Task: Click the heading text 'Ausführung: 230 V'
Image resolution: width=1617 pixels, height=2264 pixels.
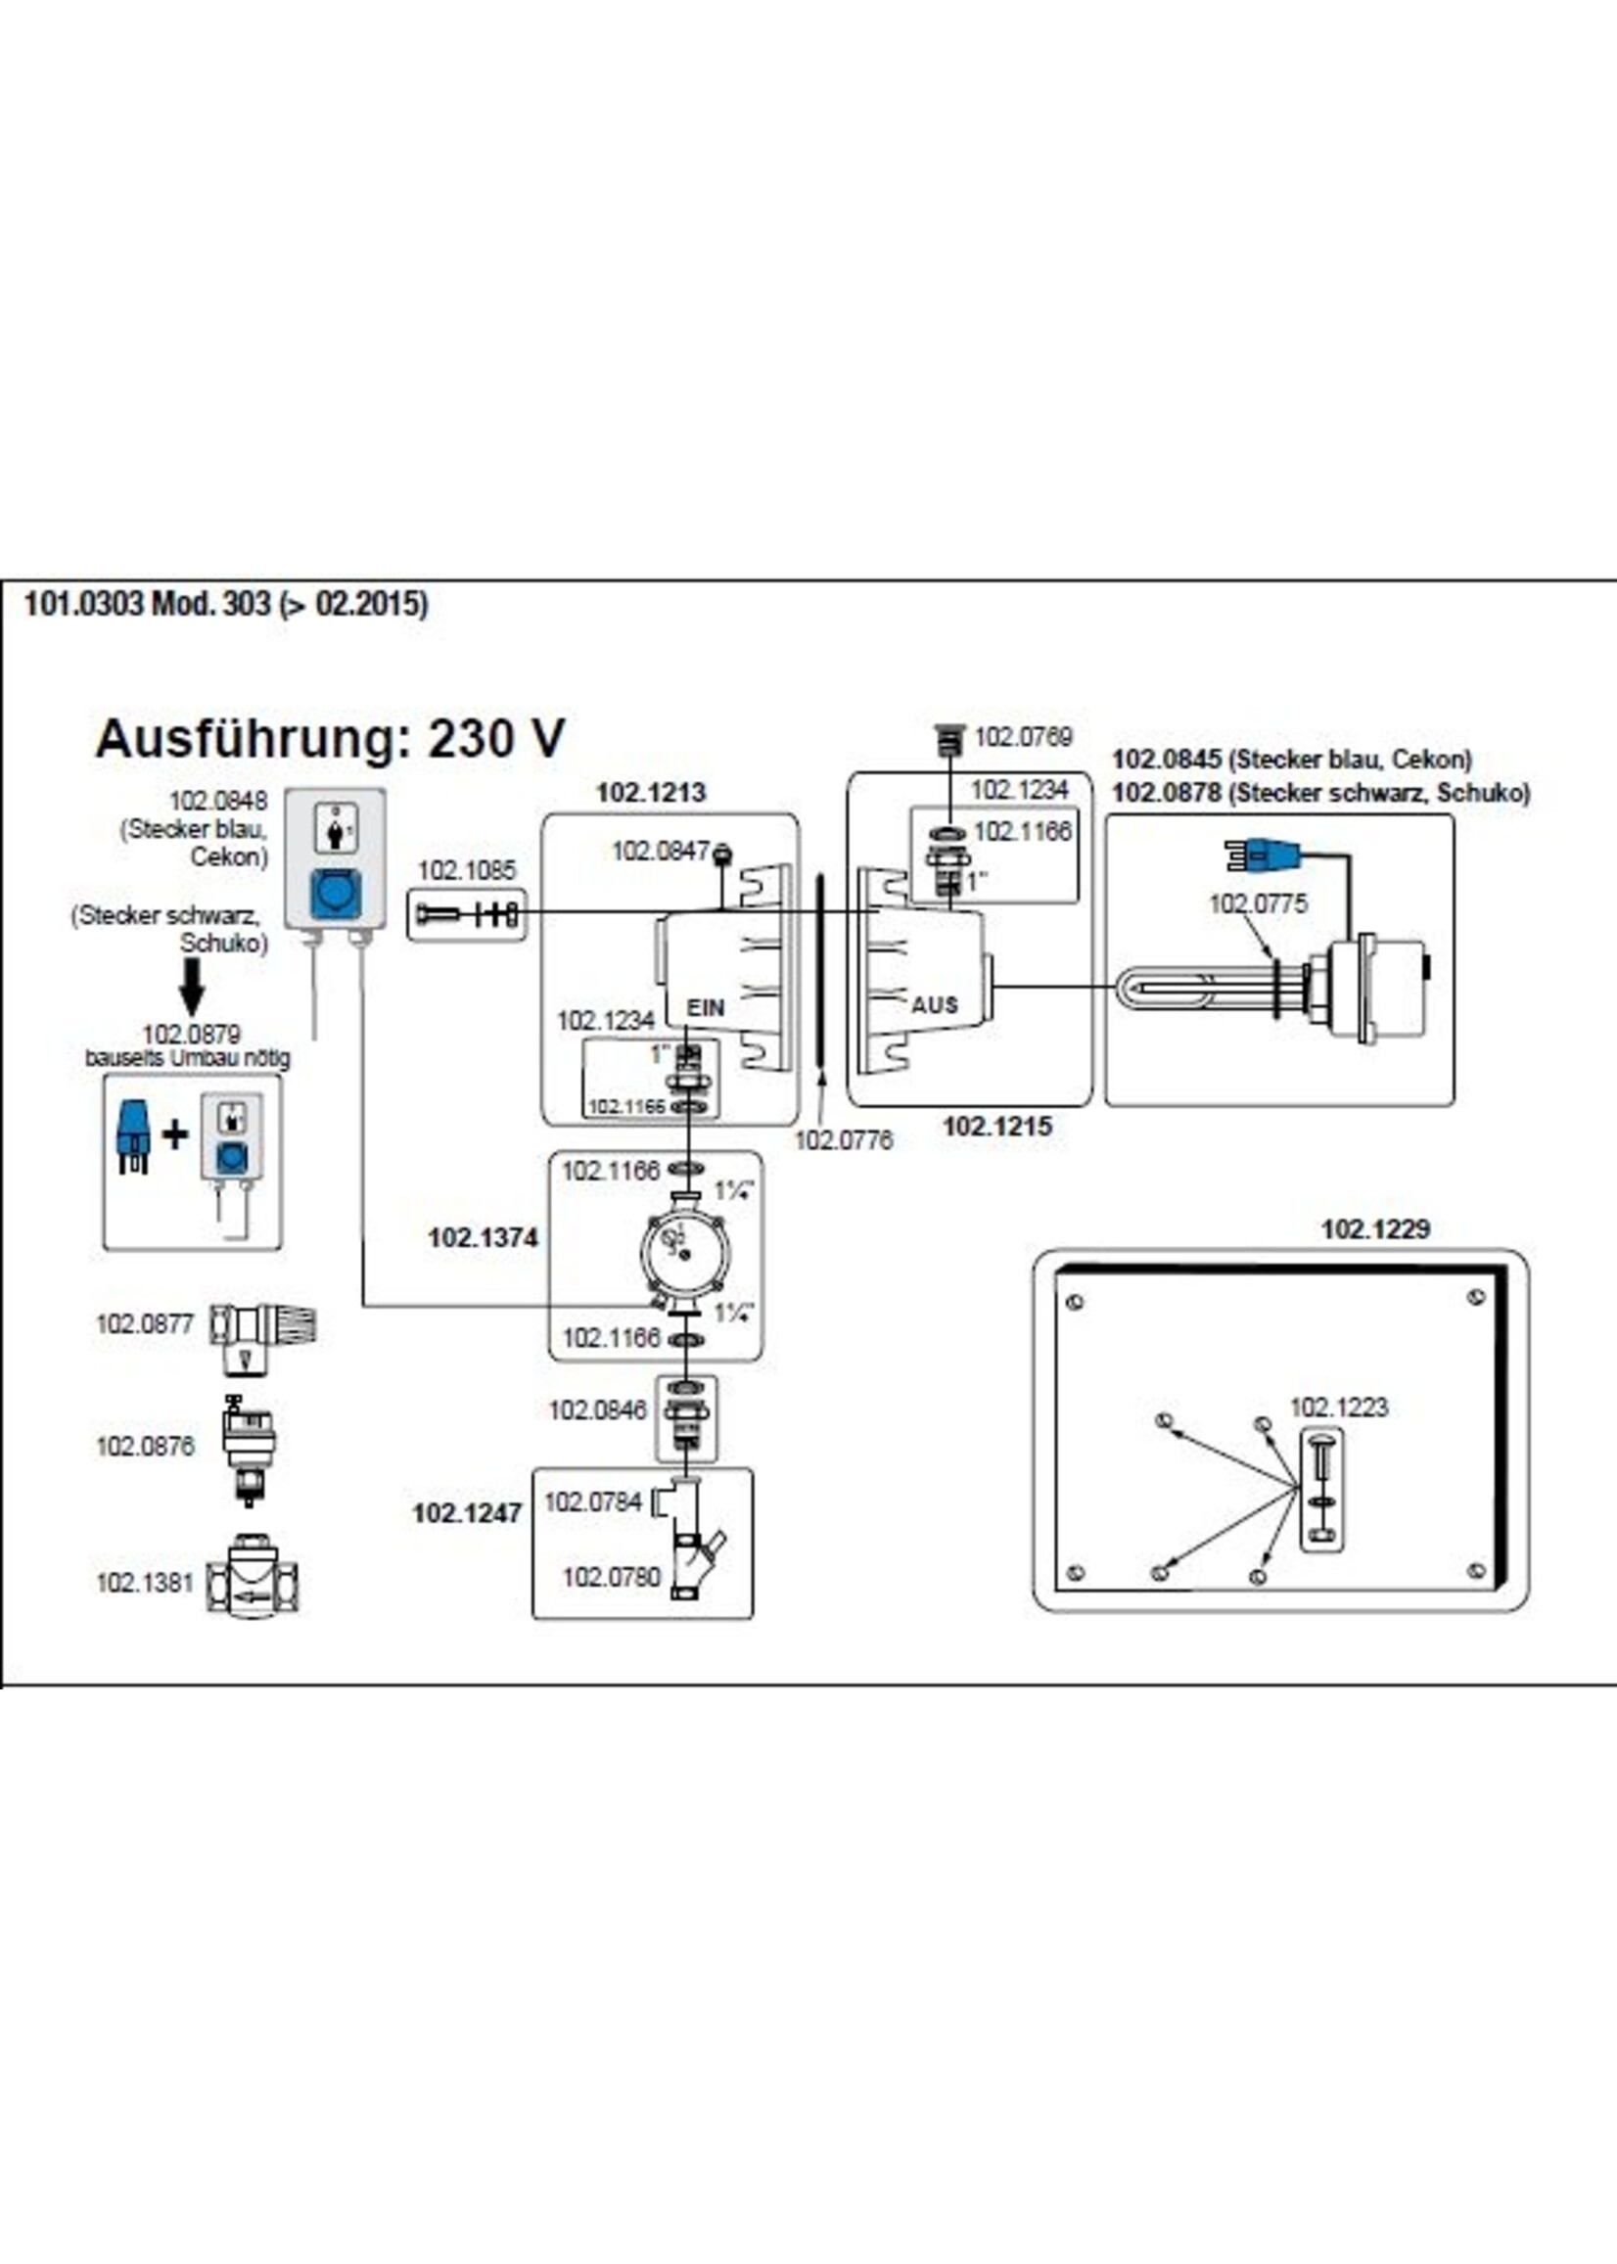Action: click(330, 739)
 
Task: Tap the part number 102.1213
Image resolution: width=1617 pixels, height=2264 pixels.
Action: click(650, 793)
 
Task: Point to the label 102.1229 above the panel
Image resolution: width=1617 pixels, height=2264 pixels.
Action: click(1375, 1228)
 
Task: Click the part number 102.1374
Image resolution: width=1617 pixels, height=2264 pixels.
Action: click(482, 1237)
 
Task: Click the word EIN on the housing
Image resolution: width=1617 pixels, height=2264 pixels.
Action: click(705, 1007)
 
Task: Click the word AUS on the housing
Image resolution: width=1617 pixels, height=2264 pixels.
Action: click(934, 1004)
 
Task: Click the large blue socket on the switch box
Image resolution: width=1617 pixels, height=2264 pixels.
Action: click(335, 892)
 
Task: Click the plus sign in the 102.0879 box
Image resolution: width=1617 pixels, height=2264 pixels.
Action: click(175, 1134)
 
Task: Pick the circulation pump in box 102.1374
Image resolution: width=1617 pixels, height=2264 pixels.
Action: click(678, 1252)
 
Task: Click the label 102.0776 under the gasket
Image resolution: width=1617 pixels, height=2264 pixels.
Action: click(844, 1139)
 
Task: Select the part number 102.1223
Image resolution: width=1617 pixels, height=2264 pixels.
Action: click(1338, 1407)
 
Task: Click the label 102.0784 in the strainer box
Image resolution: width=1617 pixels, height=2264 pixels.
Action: click(592, 1502)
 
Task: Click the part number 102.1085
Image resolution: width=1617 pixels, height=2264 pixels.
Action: click(466, 870)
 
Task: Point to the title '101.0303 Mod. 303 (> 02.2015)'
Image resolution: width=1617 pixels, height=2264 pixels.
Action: click(226, 603)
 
